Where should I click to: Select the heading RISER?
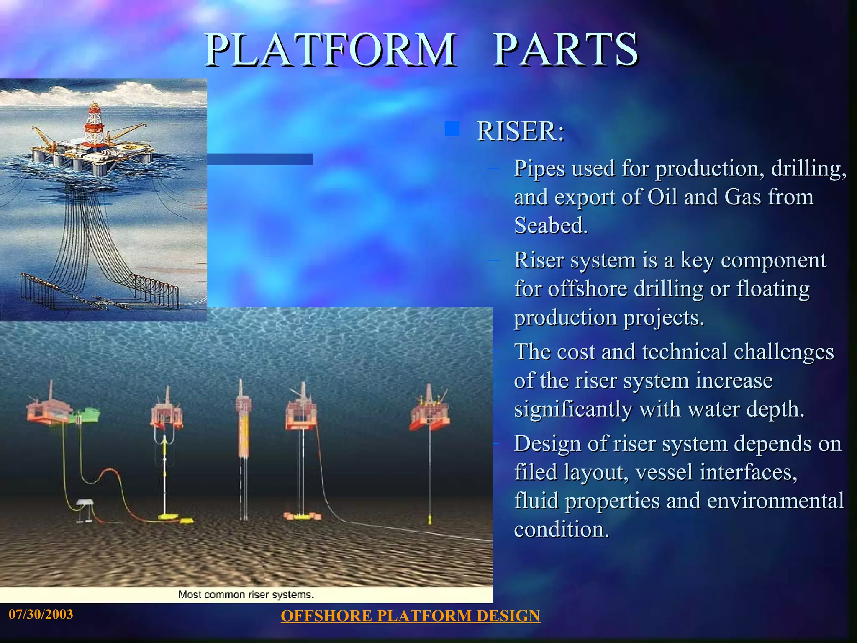(521, 131)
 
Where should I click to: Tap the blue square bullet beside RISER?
(452, 129)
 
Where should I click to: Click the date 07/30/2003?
(41, 614)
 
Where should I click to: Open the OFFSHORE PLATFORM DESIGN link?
(410, 616)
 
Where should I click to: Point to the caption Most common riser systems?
(246, 594)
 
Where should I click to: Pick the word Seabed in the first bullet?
(551, 226)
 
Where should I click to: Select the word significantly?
(573, 409)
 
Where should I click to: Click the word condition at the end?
(561, 530)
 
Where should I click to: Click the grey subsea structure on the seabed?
(85, 507)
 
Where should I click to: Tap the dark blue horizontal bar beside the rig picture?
(260, 159)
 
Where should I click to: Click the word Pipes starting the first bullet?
(539, 169)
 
